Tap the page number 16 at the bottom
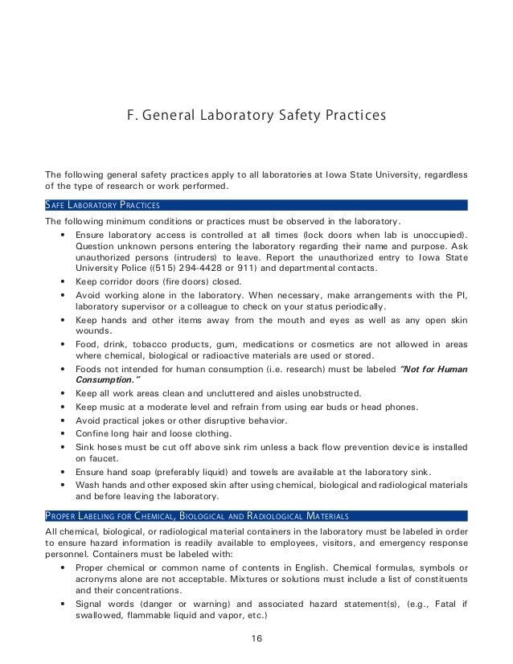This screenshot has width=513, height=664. click(x=256, y=640)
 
